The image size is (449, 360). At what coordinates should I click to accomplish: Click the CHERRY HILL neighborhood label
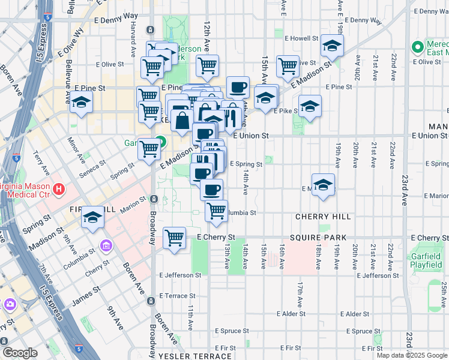coord(318,216)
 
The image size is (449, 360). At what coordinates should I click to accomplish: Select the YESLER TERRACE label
coord(195,356)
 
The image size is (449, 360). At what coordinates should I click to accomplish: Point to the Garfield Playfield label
coord(427,260)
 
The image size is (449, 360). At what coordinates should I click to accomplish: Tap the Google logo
coord(20,353)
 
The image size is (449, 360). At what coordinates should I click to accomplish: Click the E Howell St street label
coord(301,38)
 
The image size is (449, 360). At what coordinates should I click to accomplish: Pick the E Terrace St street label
coord(179,296)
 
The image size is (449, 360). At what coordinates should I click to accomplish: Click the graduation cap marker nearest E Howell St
coord(332,45)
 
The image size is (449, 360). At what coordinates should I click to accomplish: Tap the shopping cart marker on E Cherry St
coord(174,237)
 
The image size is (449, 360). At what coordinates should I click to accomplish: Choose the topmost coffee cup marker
coord(238,86)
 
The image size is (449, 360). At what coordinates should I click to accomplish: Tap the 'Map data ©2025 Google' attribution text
coord(411,355)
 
